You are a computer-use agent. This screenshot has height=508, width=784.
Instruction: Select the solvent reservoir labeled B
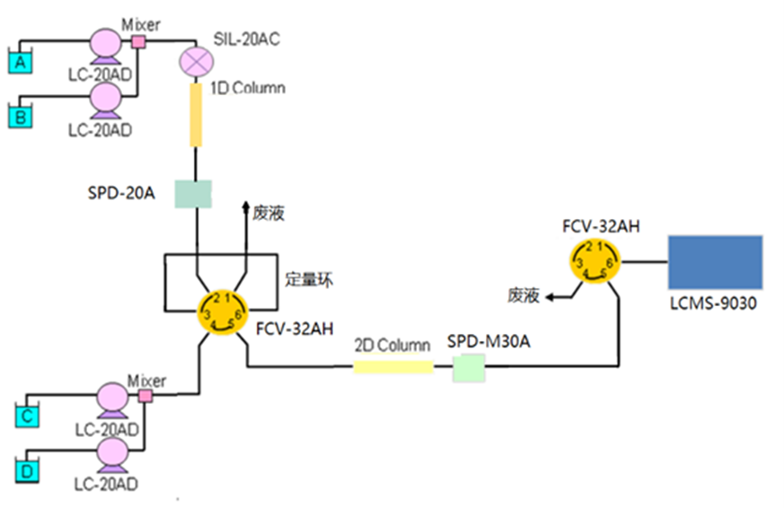[19, 116]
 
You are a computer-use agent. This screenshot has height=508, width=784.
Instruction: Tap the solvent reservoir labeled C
[28, 415]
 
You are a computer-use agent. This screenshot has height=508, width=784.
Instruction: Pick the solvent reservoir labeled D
[28, 469]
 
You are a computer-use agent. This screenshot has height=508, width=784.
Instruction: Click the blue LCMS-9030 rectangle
[715, 263]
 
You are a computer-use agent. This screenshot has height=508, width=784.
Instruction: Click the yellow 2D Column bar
[392, 366]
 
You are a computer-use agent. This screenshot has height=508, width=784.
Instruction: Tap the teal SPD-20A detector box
[192, 193]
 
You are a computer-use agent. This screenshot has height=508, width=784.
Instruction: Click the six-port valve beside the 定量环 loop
[222, 312]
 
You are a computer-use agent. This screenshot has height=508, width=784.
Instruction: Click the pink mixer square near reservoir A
[138, 40]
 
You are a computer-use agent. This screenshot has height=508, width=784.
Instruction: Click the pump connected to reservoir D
[116, 451]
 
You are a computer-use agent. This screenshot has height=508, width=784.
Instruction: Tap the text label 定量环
[309, 279]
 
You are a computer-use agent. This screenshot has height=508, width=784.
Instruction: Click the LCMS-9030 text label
[714, 304]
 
